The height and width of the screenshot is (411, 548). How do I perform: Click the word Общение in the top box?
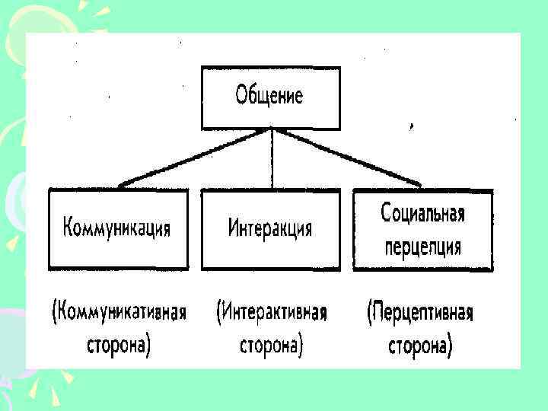tap(269, 97)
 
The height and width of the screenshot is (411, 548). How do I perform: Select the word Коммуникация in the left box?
tap(117, 228)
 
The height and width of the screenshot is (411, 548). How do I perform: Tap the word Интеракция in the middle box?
tap(270, 228)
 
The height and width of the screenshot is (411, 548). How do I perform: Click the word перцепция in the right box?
tap(422, 246)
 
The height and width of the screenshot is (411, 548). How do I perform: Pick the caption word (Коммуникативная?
tap(119, 313)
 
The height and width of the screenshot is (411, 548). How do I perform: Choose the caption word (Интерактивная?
tap(271, 313)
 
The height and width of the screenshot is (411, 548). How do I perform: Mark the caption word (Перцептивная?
tap(420, 313)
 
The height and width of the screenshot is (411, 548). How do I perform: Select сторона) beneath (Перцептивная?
tap(420, 346)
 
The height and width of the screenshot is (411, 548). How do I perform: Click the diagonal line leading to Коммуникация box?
tap(195, 157)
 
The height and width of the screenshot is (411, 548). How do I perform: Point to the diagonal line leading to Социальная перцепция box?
tap(346, 157)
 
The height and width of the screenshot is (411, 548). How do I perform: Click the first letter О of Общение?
tap(241, 96)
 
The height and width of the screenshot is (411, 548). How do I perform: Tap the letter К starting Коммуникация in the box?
tap(68, 228)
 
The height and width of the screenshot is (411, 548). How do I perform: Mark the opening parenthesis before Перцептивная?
tap(369, 313)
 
